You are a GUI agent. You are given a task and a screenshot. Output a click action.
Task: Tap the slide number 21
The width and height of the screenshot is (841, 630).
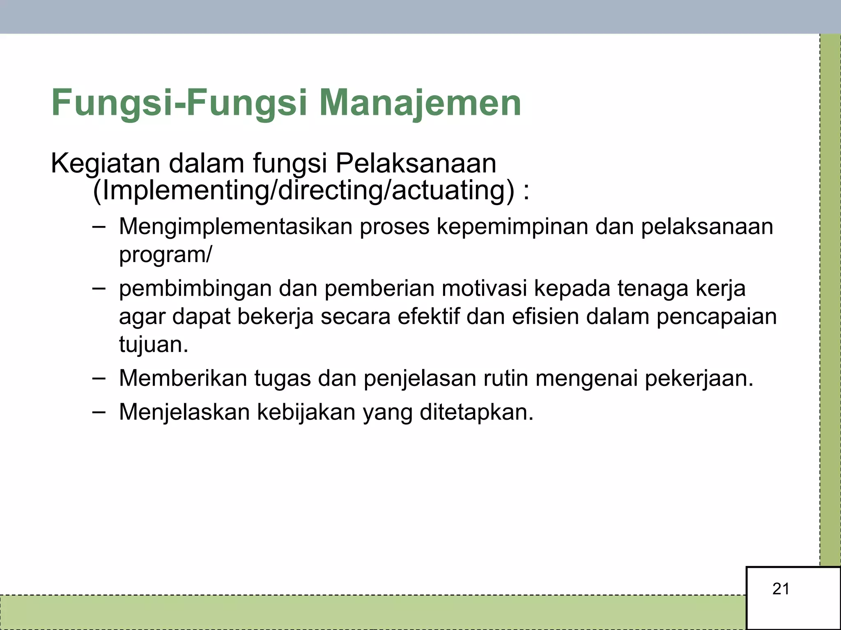pos(781,589)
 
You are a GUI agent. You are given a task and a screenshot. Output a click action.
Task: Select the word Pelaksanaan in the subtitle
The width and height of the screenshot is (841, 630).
pos(416,163)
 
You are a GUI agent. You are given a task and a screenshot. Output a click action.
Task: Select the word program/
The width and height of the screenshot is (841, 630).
pos(165,255)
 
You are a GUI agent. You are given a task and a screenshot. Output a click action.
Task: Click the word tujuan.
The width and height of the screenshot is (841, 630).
pos(153,345)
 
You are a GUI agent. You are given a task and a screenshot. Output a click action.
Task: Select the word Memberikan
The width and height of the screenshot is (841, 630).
pos(183,378)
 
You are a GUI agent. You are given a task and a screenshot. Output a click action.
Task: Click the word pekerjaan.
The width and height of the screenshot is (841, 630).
pos(699,379)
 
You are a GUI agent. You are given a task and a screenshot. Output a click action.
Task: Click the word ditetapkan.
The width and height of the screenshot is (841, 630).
pos(476,412)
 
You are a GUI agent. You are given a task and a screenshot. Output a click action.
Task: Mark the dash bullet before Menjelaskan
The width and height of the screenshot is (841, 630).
pos(99,411)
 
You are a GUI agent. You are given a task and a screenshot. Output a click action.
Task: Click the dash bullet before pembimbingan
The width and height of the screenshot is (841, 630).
pos(99,288)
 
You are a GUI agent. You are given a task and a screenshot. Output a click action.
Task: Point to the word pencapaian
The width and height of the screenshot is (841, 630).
pos(717,317)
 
